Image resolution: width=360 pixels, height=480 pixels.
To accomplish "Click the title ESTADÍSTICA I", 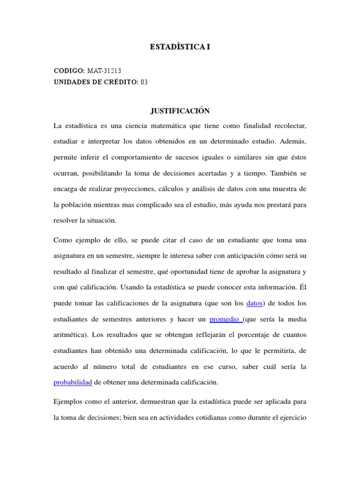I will point(180,47).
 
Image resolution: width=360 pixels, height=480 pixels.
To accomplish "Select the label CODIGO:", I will point(69,71).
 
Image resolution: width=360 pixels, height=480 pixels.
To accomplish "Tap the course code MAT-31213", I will point(105,71).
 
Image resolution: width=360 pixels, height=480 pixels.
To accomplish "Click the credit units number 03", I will point(144,82).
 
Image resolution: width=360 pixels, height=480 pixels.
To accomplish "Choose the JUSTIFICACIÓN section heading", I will point(180,111).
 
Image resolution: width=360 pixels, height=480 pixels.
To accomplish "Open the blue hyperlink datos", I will point(254,303).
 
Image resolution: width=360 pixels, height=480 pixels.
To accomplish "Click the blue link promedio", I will point(226,320).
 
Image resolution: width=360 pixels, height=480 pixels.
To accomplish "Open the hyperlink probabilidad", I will point(73,382).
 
